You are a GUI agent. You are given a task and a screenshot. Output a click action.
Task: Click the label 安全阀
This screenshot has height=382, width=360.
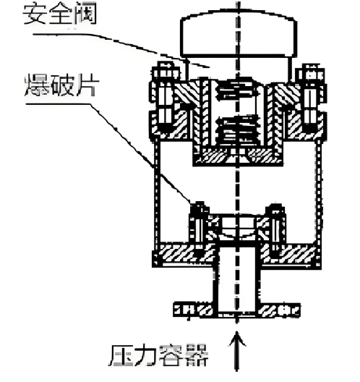coord(59,14)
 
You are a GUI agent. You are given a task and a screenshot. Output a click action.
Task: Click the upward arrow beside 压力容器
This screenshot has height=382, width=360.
coord(237,351)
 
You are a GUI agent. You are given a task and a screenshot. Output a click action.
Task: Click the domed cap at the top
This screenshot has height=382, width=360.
coord(239,34)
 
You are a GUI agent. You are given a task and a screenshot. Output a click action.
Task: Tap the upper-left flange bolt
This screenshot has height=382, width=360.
coord(166,98)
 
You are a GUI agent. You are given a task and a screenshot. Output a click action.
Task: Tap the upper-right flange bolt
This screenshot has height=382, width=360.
coord(310,98)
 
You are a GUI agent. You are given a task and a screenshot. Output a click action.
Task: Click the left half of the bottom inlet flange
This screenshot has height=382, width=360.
coord(194,310)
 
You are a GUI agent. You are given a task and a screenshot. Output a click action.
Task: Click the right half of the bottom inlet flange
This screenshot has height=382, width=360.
coord(279,310)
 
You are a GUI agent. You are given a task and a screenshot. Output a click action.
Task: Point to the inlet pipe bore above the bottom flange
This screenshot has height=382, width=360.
coord(236,279)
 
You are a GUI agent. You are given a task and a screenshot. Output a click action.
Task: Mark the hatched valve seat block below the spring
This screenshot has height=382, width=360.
coord(238,156)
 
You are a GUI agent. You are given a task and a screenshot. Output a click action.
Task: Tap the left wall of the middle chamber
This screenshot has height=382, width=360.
coord(157,192)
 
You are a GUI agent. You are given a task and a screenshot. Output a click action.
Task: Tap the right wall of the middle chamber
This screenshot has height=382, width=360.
coord(318,192)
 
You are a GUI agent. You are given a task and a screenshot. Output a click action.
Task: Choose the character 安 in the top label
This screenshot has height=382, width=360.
coord(35,14)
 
